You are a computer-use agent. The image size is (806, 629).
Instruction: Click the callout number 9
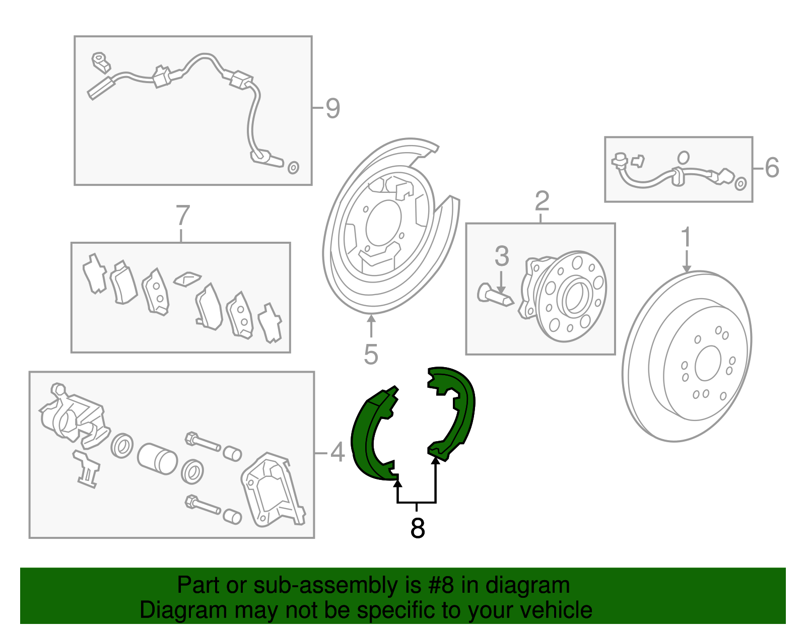click(332, 108)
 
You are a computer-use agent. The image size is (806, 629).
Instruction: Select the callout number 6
click(771, 168)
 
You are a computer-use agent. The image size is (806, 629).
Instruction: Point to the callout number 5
click(371, 355)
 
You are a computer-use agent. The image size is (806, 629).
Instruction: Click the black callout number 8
click(418, 528)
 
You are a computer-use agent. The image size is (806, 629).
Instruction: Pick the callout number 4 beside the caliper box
click(337, 452)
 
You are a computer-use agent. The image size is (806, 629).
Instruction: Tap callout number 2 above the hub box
click(542, 201)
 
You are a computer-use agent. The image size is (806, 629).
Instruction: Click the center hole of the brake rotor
click(708, 363)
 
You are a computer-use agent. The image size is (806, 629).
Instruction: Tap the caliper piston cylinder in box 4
click(157, 459)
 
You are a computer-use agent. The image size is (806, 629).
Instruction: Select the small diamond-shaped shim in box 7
click(187, 278)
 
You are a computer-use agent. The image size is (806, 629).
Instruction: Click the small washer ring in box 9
click(293, 168)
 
